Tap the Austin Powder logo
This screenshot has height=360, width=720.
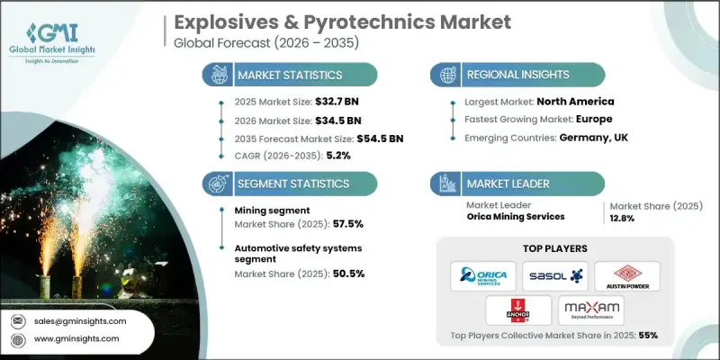click(x=620, y=275)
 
